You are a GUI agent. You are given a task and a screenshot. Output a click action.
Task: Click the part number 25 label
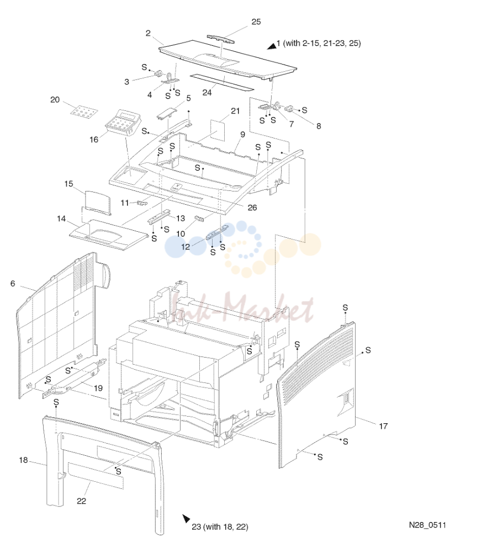tap(256, 22)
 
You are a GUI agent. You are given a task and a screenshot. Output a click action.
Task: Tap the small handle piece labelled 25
tap(221, 39)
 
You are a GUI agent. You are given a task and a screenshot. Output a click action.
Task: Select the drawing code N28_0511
tap(427, 525)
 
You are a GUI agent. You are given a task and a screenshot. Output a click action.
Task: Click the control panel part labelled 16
tap(119, 123)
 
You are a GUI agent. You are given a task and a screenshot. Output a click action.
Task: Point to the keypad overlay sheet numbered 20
tap(83, 111)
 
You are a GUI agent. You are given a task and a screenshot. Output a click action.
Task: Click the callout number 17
tap(383, 426)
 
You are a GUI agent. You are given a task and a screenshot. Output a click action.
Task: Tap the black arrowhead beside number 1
tap(272, 45)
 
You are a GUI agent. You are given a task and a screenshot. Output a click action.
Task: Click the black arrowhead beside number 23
tap(187, 518)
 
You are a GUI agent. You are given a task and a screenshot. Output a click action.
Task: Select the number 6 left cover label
tap(13, 283)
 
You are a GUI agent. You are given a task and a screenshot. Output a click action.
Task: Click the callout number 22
tap(82, 501)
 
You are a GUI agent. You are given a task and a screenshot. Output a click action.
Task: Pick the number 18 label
tap(23, 460)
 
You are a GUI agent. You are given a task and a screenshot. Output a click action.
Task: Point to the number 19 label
tap(98, 388)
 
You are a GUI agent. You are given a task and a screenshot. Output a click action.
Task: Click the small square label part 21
tap(218, 130)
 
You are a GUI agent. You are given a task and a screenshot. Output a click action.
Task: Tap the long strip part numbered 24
tap(222, 82)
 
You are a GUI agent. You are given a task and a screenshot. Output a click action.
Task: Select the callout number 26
tap(252, 207)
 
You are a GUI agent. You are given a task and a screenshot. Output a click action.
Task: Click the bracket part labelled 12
tap(218, 232)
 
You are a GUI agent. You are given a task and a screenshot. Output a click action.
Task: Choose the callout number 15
tap(68, 184)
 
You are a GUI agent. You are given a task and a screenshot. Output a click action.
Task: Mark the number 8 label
tap(319, 126)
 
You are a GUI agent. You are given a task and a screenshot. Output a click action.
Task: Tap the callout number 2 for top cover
tap(148, 33)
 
